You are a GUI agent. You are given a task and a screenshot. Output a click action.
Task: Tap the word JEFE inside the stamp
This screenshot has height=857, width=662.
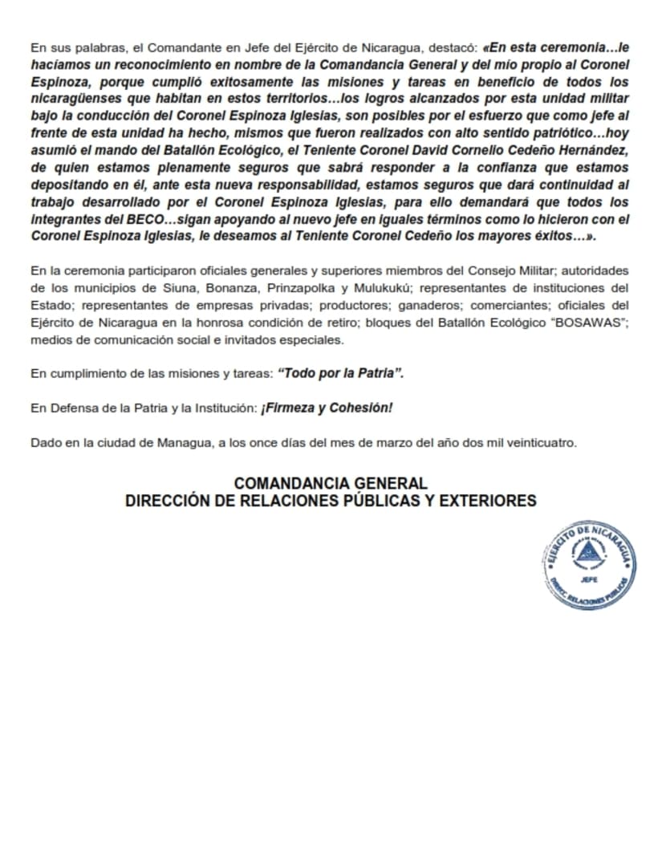tap(588, 579)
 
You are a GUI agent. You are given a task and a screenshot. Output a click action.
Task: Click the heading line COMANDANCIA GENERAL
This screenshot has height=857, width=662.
tap(331, 483)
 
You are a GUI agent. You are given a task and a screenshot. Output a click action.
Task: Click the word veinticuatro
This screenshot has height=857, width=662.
tap(545, 443)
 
